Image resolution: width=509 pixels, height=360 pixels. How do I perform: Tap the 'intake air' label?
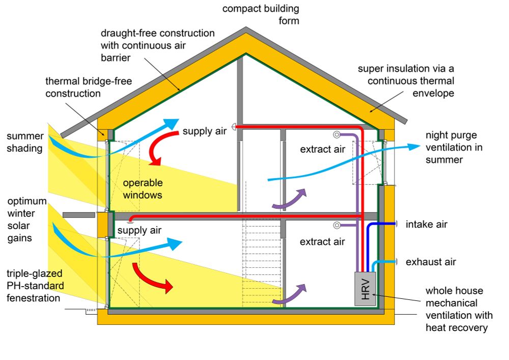click(x=426, y=224)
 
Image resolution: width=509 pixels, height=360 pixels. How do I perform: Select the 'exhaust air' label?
click(x=430, y=262)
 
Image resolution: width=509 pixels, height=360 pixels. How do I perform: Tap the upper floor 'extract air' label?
click(x=322, y=149)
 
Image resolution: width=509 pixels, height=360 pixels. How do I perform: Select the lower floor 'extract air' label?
click(x=322, y=242)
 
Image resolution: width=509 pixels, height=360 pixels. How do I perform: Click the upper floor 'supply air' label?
click(x=205, y=131)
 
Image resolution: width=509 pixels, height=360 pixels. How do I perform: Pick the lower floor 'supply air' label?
click(x=139, y=230)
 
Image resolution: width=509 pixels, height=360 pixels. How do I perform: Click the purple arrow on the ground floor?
click(x=290, y=295)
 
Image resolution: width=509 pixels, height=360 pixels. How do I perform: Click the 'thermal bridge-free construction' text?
click(x=73, y=87)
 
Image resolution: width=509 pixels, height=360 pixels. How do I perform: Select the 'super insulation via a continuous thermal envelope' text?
click(x=406, y=80)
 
